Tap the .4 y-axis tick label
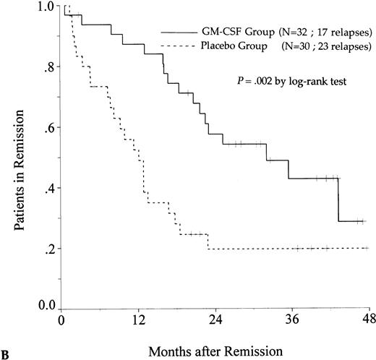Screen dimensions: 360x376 (48, 189)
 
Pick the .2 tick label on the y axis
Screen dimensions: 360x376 (48, 249)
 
